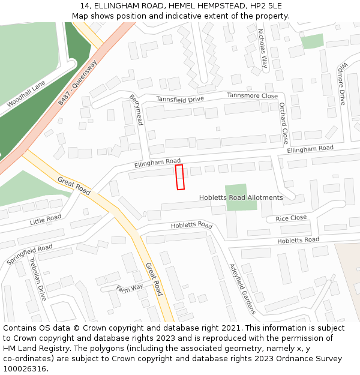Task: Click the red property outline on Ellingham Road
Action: (179, 177)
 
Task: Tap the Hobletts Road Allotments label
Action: (241, 197)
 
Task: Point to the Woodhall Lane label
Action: (26, 95)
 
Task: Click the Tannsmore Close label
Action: (252, 96)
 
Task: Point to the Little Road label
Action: (46, 220)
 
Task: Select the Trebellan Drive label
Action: (37, 279)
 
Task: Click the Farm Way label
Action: (130, 288)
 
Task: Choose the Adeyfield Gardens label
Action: (242, 289)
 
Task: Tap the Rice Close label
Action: (291, 218)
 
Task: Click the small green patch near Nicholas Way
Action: (312, 41)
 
